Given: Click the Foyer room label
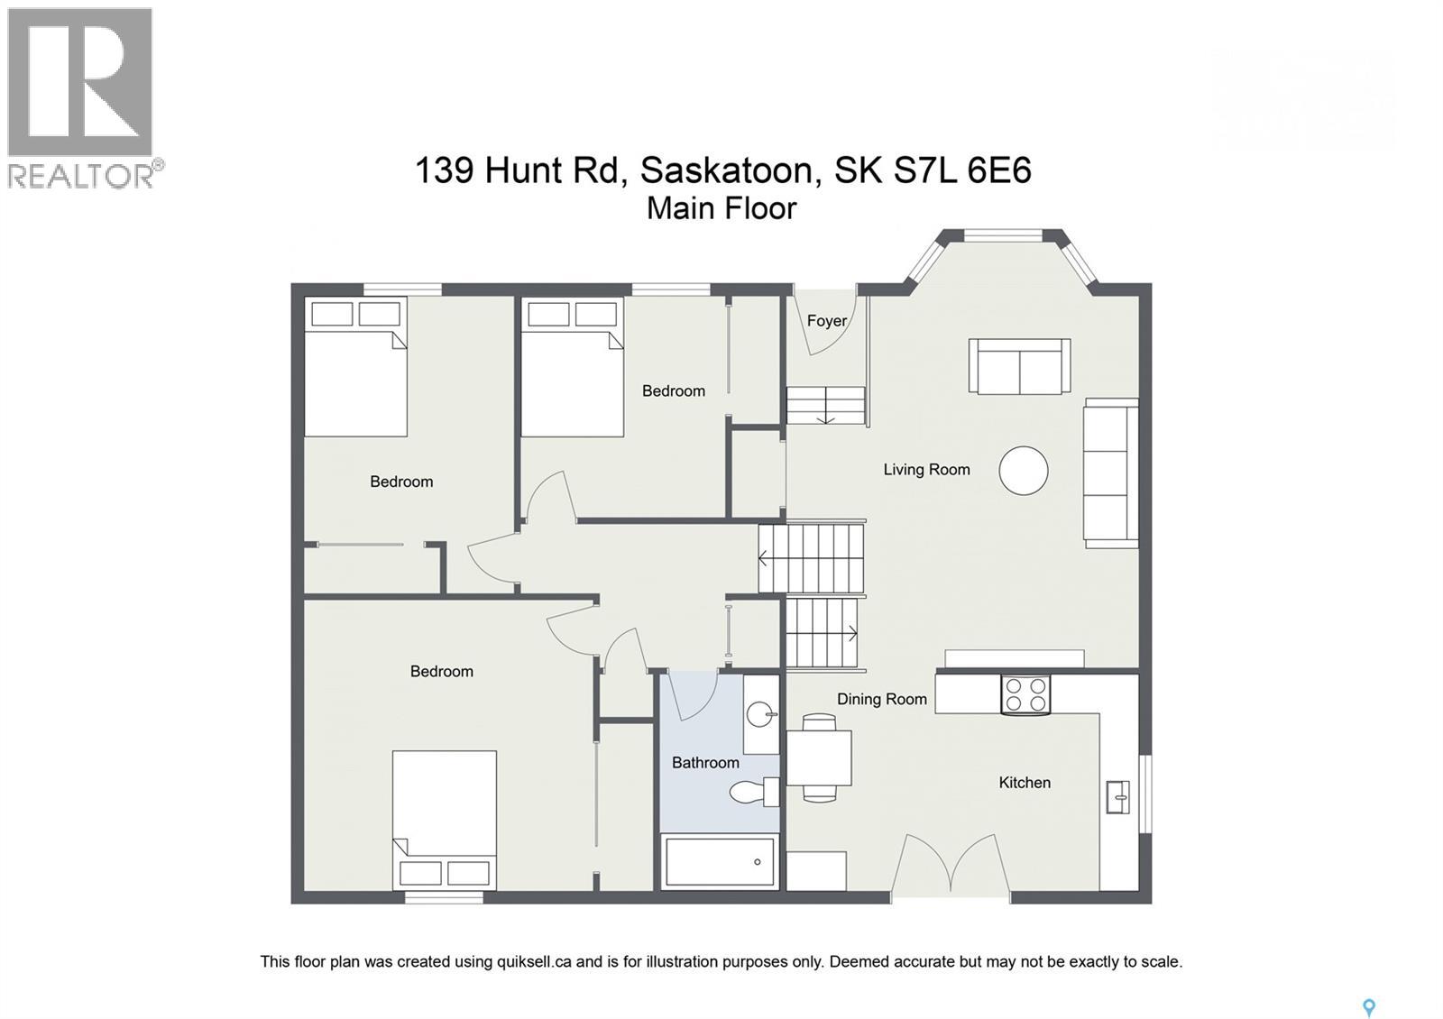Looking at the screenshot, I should tap(826, 321).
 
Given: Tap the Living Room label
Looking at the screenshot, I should tap(926, 469).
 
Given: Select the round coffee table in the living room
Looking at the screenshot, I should tap(1023, 471).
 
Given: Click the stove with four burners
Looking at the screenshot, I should tap(1025, 694).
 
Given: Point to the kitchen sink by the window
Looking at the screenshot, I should tap(1117, 797).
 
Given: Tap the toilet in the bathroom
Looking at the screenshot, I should tap(753, 793).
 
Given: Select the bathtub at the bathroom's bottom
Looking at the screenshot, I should tap(720, 861).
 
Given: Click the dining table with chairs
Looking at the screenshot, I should tap(819, 757).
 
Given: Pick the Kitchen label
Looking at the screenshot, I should tap(1024, 783).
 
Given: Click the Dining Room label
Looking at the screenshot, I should tap(881, 699).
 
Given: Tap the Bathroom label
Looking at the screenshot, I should tap(705, 763).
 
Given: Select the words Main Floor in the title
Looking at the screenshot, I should tap(721, 208).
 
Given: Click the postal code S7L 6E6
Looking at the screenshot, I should tap(962, 170).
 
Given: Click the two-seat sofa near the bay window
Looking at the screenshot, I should tap(1019, 366).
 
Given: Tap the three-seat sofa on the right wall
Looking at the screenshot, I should tap(1110, 473).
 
